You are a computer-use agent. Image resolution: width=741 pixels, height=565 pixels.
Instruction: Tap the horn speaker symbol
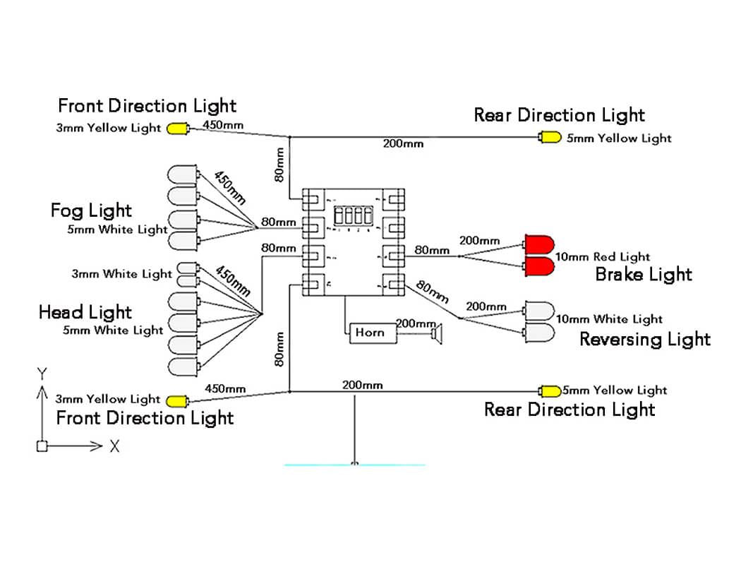438,333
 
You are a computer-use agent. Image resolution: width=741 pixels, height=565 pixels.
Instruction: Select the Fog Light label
91,210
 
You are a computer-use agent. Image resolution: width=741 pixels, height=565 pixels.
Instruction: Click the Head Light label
85,312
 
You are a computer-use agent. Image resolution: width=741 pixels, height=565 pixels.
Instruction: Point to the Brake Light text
644,274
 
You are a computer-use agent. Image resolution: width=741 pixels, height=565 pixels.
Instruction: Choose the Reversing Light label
644,340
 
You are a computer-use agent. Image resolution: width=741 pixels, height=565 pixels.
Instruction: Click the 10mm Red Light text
603,257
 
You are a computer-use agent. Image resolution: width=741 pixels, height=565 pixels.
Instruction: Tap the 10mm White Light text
609,319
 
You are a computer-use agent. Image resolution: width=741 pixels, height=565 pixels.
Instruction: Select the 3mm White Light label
121,274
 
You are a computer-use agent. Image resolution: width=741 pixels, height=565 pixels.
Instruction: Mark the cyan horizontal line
354,465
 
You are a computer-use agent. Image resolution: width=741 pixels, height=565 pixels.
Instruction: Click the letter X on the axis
114,446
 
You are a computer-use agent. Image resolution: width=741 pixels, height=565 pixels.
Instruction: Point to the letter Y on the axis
42,373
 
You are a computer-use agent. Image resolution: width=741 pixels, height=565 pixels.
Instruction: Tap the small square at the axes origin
42,446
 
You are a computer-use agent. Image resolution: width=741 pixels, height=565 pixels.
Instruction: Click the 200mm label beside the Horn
415,323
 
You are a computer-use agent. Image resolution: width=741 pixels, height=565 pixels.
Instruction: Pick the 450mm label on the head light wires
233,280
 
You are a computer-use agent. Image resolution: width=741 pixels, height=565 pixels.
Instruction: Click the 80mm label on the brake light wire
431,250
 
